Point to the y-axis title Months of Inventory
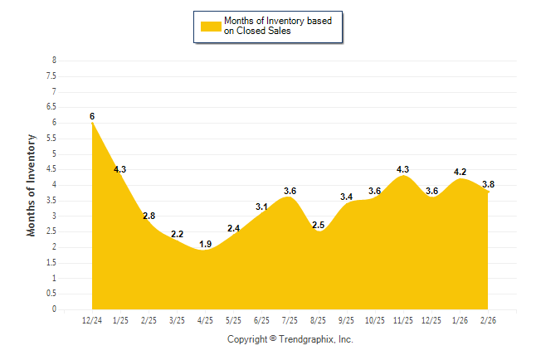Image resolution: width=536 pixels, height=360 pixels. click(32, 185)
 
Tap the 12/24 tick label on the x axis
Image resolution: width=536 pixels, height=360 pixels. click(92, 319)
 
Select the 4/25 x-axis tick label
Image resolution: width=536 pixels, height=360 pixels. click(205, 319)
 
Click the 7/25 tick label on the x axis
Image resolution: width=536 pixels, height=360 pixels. click(290, 319)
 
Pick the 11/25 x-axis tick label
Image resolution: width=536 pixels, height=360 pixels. click(403, 319)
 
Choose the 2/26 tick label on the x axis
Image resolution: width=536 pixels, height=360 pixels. click(488, 319)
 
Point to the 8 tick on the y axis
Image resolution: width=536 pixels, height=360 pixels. click(54, 61)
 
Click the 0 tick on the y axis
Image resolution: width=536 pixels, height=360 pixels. click(54, 309)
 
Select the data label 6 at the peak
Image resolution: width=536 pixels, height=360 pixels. click(92, 116)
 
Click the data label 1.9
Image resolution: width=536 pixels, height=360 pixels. click(205, 244)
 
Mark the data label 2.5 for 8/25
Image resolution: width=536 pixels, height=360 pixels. click(318, 225)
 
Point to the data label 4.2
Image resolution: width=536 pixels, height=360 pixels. click(460, 172)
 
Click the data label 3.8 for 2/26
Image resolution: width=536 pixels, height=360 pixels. click(488, 184)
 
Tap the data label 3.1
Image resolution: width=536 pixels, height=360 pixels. click(261, 207)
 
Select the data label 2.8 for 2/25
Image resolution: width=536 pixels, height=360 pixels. click(149, 216)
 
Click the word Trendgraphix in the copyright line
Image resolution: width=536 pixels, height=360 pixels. click(307, 339)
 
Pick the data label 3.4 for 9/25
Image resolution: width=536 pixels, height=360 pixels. click(347, 197)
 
